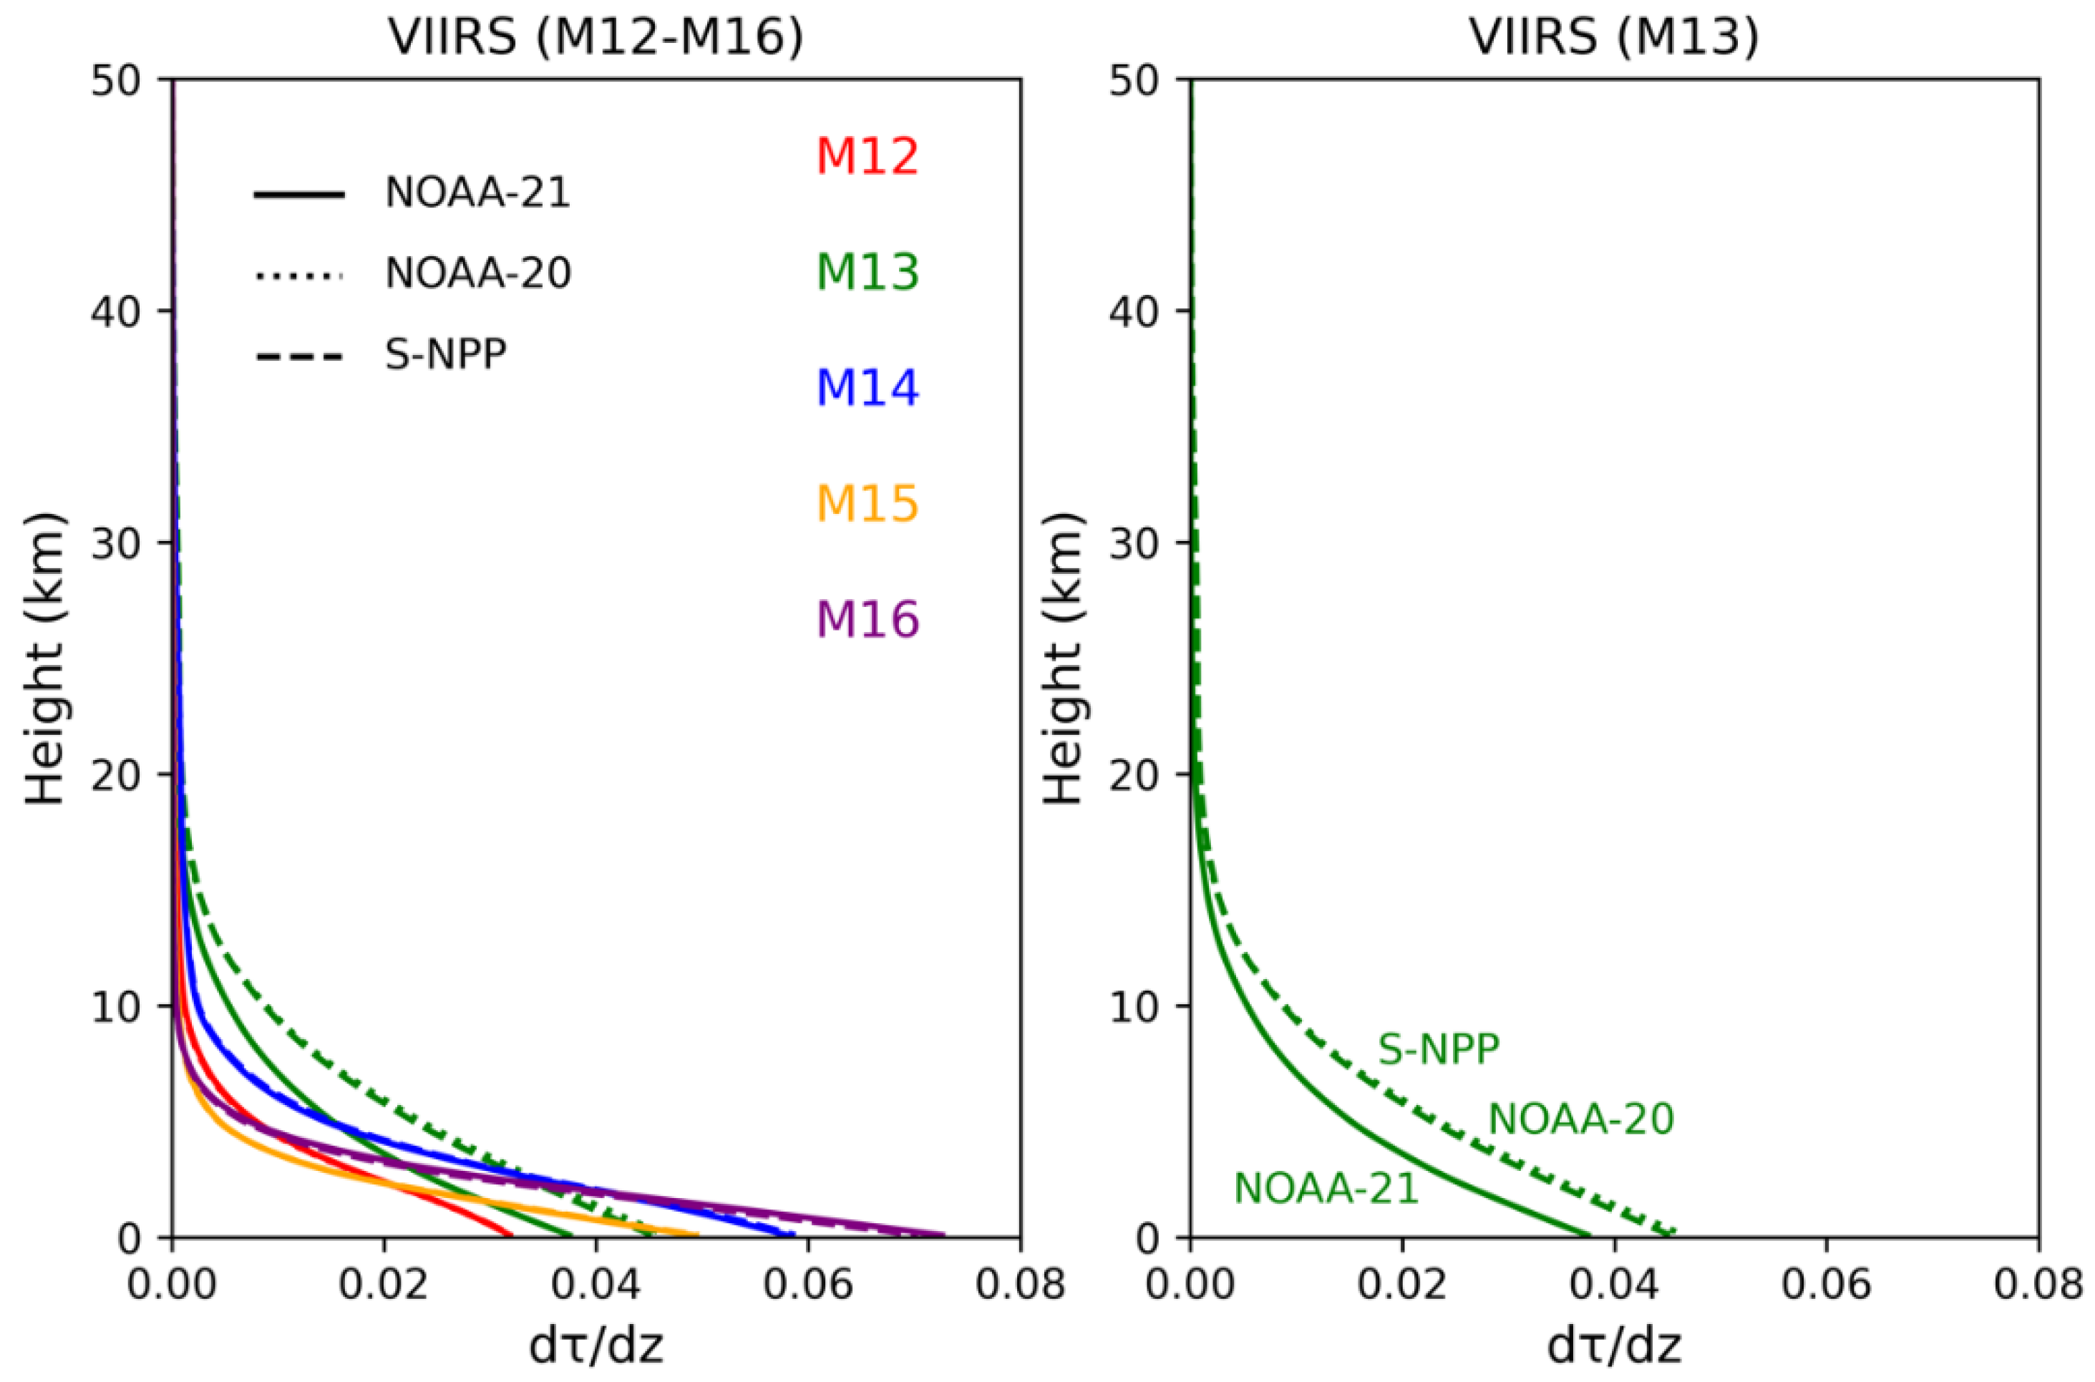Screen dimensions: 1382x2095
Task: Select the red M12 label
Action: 867,156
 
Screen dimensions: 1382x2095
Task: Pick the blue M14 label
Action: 867,388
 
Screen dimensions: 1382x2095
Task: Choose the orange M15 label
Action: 867,503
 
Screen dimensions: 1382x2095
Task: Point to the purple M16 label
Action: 867,619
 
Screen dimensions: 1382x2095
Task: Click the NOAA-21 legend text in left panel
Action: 477,192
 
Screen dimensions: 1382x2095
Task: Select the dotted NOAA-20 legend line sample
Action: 298,276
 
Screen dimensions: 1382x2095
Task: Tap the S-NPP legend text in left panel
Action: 446,355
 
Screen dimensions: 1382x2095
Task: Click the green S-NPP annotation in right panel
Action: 1439,1048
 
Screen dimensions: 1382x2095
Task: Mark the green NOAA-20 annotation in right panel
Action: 1581,1119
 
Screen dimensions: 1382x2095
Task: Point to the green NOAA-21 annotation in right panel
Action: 1326,1189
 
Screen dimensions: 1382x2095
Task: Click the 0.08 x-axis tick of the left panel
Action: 1020,1286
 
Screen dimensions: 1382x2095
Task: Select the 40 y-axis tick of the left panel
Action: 117,312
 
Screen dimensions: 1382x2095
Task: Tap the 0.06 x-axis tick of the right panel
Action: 1825,1286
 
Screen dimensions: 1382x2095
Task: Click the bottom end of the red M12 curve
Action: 511,1234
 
